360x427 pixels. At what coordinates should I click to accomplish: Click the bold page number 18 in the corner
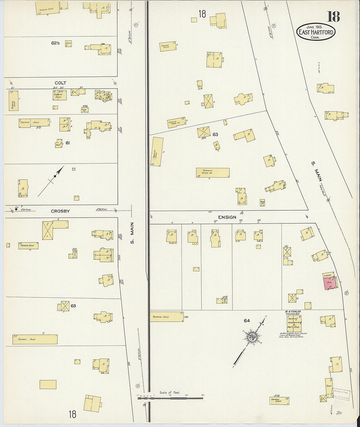click(x=333, y=16)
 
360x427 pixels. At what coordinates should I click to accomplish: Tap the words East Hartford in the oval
click(x=316, y=32)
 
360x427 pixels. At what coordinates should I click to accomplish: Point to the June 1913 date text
click(x=315, y=27)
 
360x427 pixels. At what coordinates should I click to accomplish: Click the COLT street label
click(x=60, y=83)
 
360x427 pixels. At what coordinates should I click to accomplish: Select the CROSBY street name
click(x=60, y=211)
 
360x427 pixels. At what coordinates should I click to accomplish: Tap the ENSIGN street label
click(x=227, y=217)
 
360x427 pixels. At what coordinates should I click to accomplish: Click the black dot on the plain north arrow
click(x=55, y=176)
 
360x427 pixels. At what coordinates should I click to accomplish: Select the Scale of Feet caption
click(x=170, y=392)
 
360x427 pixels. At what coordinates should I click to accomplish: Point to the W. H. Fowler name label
click(x=293, y=312)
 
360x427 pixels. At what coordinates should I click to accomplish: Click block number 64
click(x=247, y=321)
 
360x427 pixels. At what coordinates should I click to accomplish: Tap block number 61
click(x=67, y=143)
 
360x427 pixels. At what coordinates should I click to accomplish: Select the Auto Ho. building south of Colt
click(x=84, y=110)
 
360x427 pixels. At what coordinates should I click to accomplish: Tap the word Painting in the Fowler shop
click(x=293, y=318)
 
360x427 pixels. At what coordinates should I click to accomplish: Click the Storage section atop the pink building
click(x=328, y=275)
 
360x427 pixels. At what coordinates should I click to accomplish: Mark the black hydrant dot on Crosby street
click(x=16, y=209)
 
